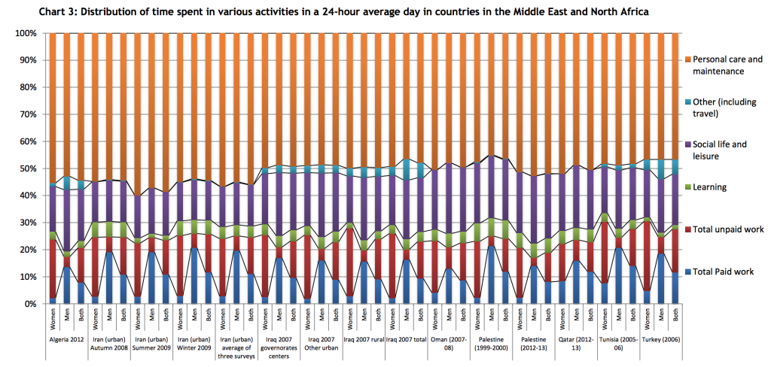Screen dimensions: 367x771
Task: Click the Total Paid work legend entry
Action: tap(722, 271)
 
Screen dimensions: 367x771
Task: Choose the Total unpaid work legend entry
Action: tap(726, 229)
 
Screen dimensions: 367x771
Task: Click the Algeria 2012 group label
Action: tap(66, 339)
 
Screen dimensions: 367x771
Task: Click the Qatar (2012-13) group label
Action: tap(574, 343)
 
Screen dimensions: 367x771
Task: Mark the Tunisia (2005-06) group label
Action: tap(618, 343)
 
